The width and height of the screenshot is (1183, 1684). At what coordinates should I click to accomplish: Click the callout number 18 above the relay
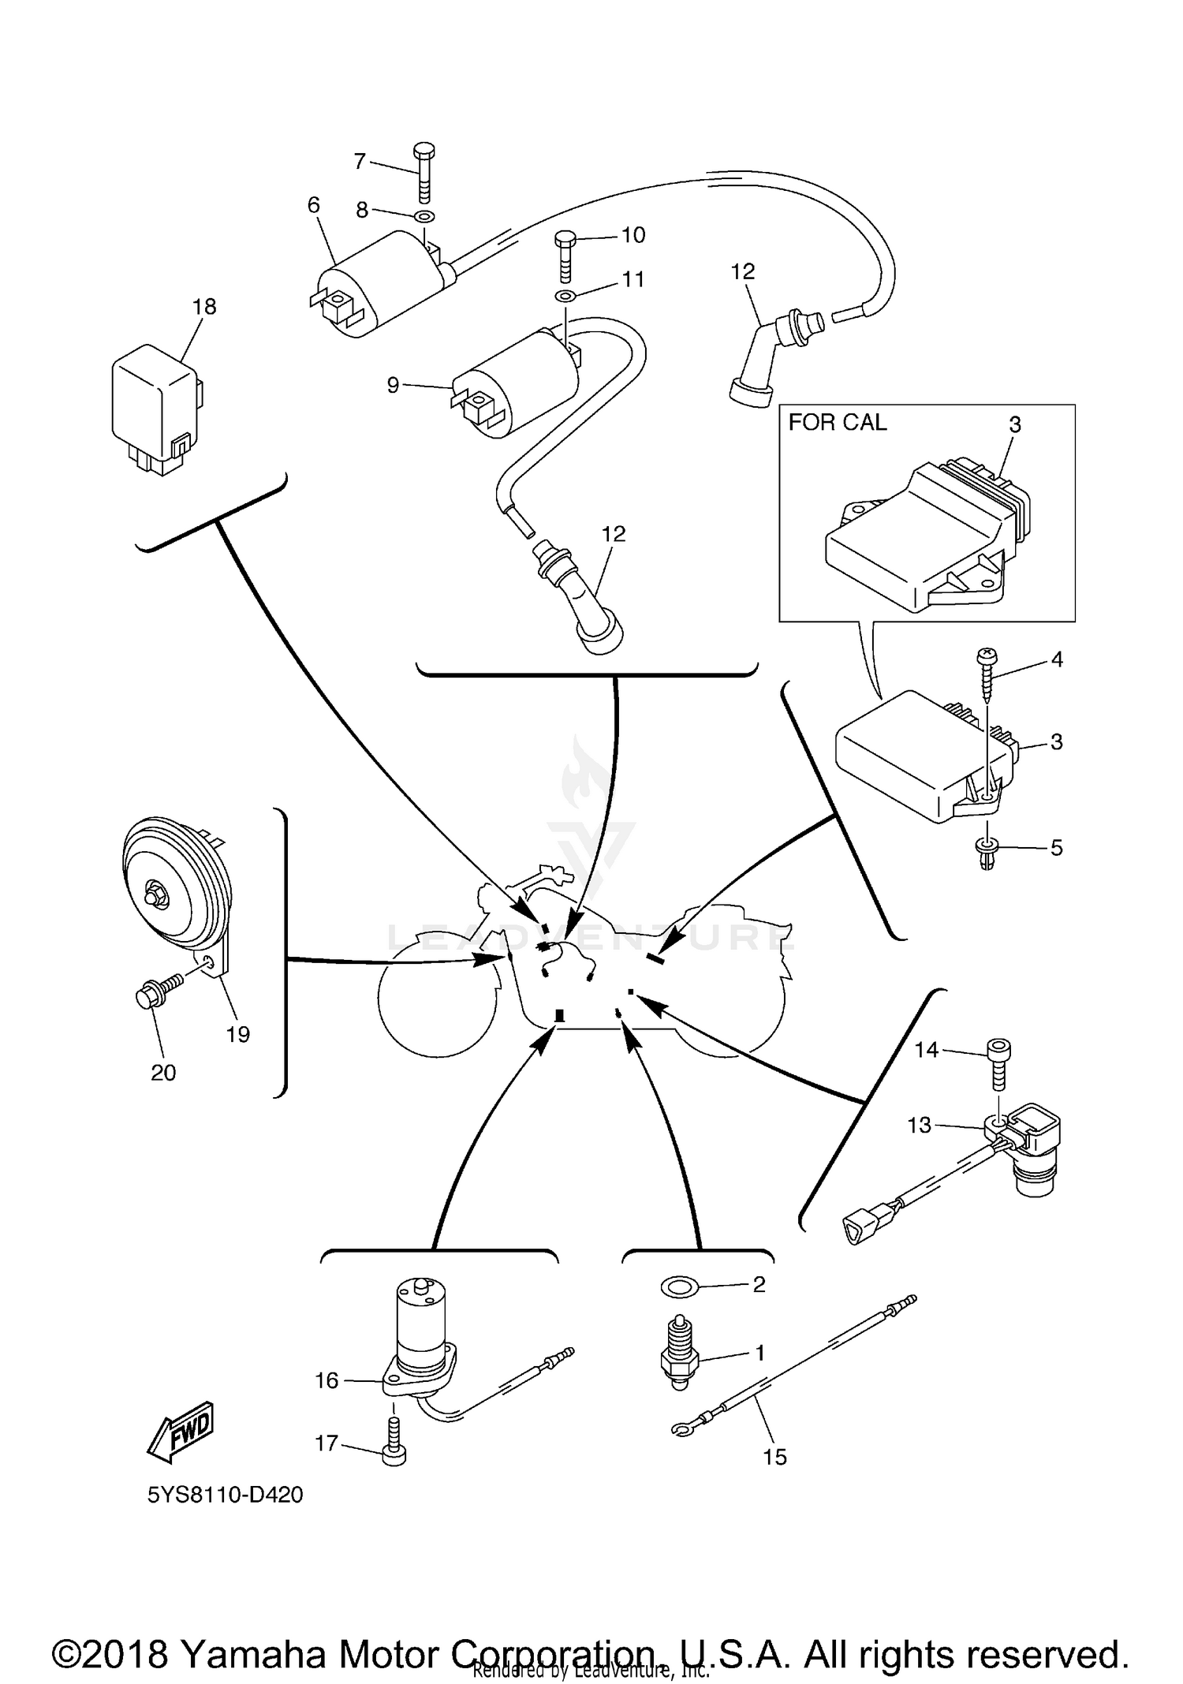click(204, 306)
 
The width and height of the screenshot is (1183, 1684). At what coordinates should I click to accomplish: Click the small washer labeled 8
click(424, 216)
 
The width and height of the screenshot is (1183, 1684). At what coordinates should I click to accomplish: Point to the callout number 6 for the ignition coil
click(313, 206)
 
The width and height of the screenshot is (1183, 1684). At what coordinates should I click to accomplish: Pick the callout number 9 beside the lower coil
click(393, 386)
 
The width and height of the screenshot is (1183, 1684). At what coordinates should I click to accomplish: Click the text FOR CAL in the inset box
click(837, 423)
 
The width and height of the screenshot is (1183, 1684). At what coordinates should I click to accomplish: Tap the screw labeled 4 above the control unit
click(987, 670)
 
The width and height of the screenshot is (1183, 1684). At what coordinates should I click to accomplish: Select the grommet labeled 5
click(986, 853)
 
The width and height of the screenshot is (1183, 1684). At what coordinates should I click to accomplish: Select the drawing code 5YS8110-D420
click(225, 1495)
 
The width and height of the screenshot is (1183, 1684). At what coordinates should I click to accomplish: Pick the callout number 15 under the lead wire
click(774, 1457)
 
